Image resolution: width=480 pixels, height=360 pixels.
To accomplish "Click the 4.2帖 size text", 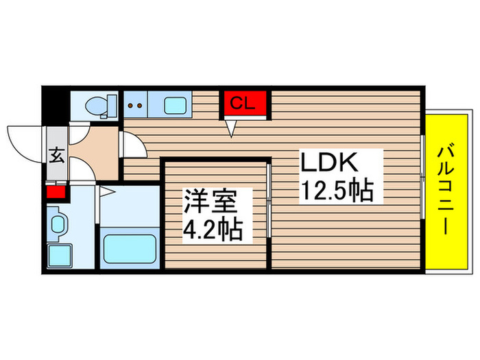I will (x=211, y=230).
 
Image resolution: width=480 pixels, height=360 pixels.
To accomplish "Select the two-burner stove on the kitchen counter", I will (x=136, y=106).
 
